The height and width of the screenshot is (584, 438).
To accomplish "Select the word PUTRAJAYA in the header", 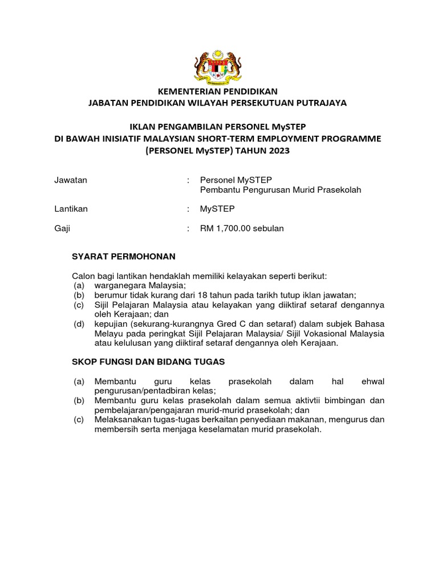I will pyautogui.click(x=323, y=103).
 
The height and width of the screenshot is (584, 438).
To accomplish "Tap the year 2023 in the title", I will pyautogui.click(x=275, y=151).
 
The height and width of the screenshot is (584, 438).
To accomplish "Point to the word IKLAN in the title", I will pyautogui.click(x=143, y=127).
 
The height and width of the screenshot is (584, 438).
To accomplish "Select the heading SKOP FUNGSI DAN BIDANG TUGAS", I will pyautogui.click(x=149, y=361).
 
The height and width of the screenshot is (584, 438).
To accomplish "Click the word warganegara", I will pyautogui.click(x=120, y=285).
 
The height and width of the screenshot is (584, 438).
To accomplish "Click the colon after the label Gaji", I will pyautogui.click(x=188, y=229).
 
